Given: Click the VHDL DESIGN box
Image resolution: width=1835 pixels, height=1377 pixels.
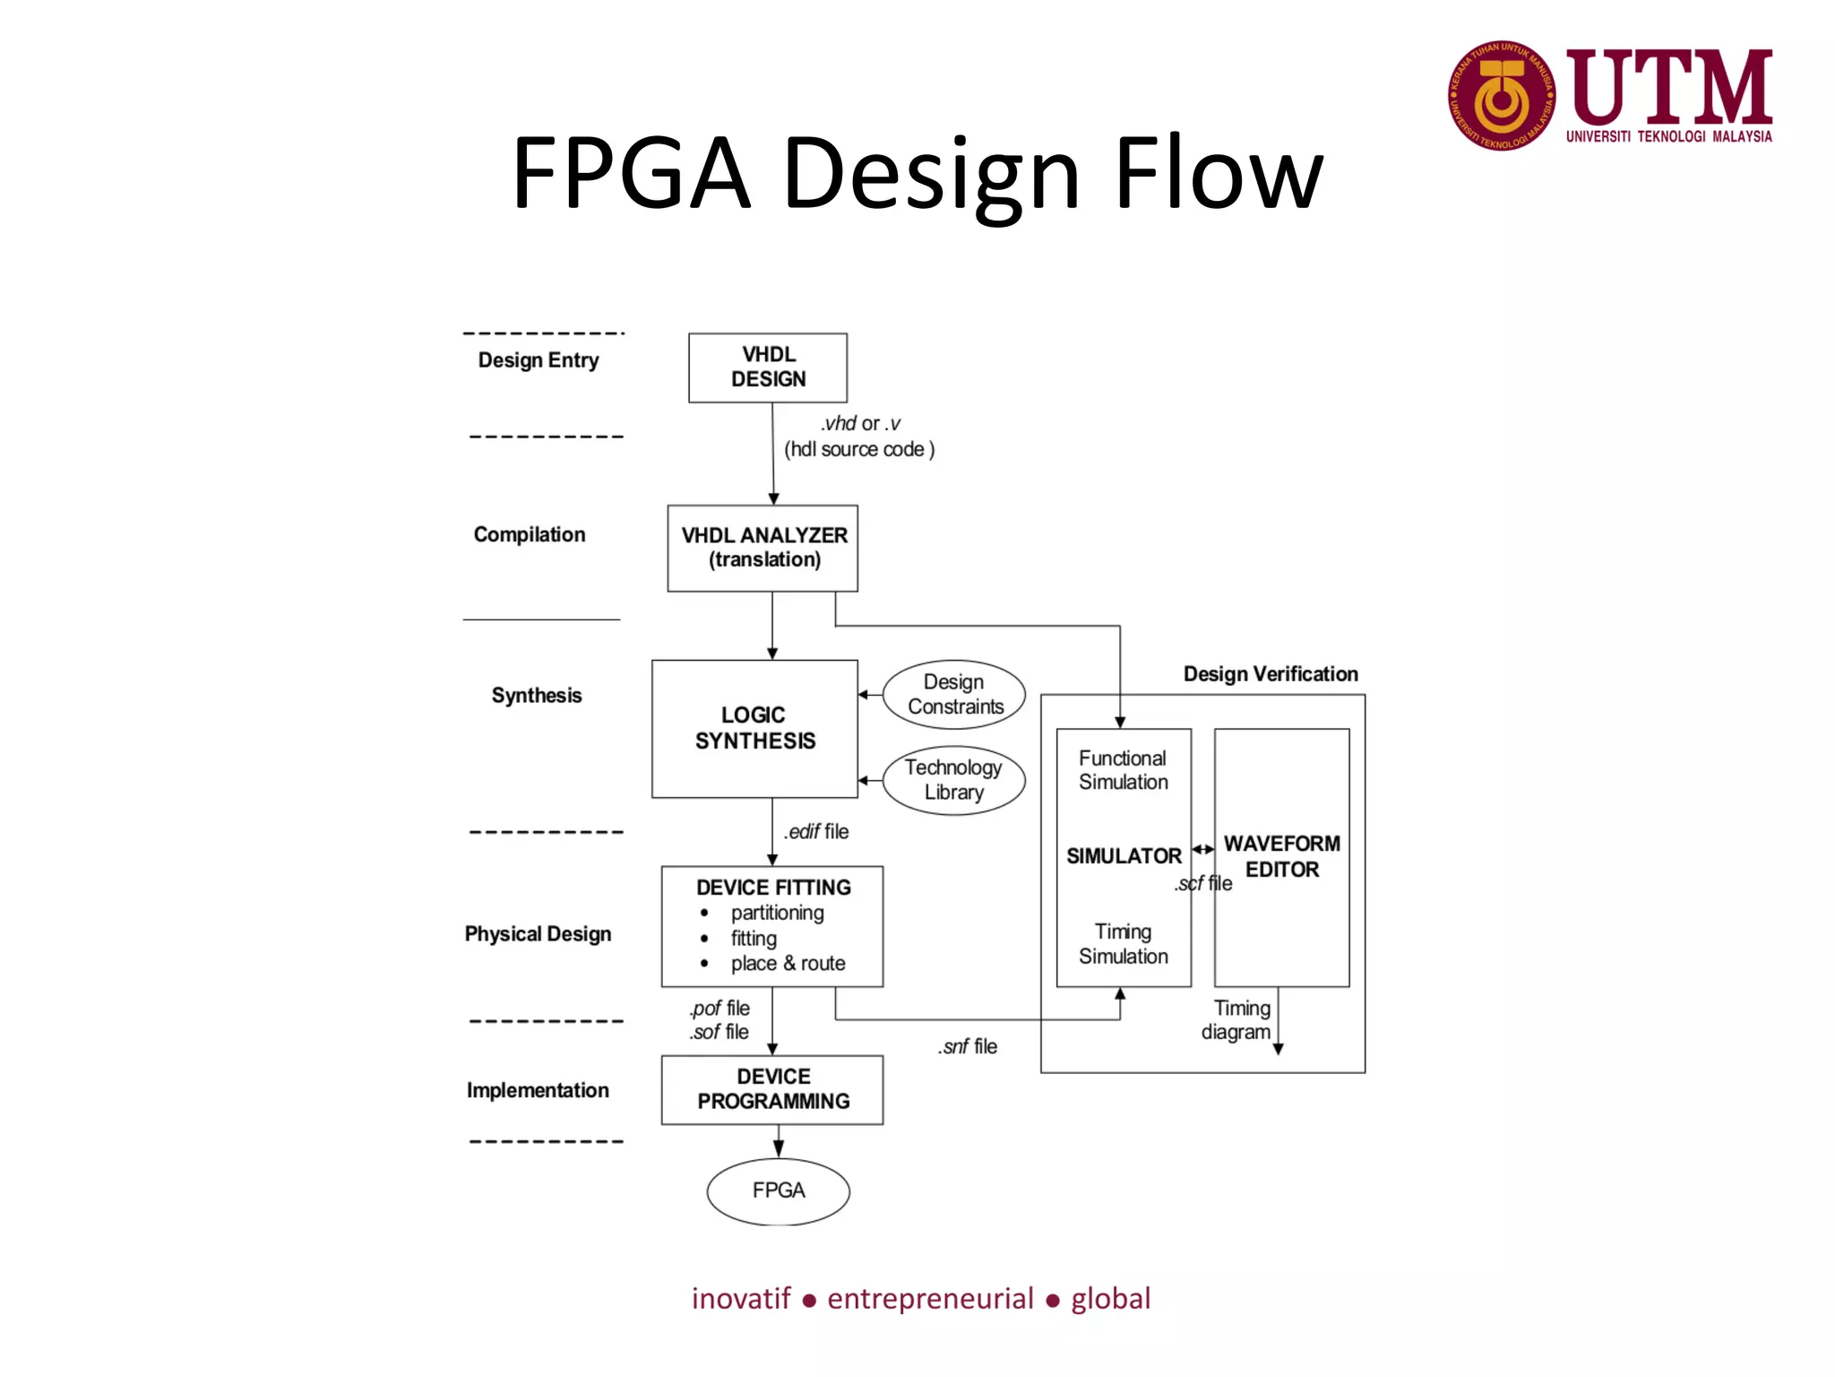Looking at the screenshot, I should [767, 368].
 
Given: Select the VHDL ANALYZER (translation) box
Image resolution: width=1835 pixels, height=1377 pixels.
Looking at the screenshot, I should [762, 548].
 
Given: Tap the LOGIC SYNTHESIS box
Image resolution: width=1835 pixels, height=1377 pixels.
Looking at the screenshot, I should [754, 728].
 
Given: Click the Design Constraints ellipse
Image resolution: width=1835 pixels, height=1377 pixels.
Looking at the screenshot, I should [954, 695].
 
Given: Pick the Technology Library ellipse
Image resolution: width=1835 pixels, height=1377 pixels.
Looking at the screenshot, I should [953, 780].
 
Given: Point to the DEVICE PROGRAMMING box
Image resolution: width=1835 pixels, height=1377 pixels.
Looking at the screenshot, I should [772, 1089].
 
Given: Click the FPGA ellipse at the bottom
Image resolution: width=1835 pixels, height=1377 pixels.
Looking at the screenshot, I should [778, 1191].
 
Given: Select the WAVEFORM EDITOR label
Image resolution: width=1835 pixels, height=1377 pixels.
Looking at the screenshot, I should [1281, 856].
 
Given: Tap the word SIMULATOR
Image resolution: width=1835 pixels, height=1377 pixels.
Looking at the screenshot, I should [1124, 856].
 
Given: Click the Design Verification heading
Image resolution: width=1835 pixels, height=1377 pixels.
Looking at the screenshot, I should [1270, 674].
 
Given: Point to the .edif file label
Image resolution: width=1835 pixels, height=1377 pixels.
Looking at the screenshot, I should [816, 832].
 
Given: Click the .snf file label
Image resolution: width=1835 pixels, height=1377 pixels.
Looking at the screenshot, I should [968, 1047].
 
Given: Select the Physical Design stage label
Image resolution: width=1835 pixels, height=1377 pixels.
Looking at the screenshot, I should [538, 934].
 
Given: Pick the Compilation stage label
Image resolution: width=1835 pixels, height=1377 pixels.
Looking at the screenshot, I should [529, 534].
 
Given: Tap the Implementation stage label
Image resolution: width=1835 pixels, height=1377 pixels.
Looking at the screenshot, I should [538, 1090].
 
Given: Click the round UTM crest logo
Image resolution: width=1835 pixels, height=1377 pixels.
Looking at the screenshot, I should [1502, 95].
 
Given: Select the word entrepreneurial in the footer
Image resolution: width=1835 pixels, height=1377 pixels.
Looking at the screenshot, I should [930, 1298].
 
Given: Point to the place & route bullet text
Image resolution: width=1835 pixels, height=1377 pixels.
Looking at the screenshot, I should [788, 964].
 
